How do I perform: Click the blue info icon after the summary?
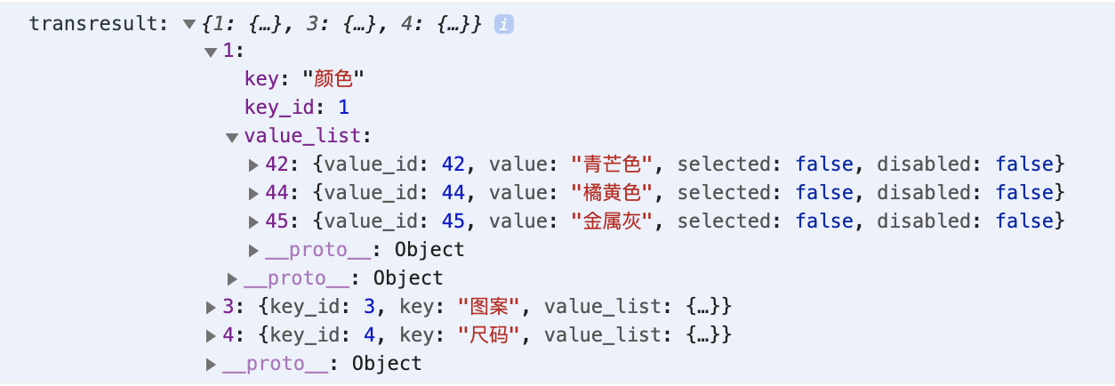click(x=503, y=24)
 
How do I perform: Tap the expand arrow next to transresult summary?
click(x=189, y=25)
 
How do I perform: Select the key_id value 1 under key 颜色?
click(x=343, y=108)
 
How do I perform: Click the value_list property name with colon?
click(x=307, y=136)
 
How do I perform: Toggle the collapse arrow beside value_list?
click(x=232, y=137)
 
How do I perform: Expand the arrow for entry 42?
click(x=253, y=165)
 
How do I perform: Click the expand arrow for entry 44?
click(x=253, y=193)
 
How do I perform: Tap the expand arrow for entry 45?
click(x=253, y=221)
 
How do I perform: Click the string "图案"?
click(x=489, y=307)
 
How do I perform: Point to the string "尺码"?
click(x=489, y=335)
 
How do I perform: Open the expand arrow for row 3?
click(x=211, y=308)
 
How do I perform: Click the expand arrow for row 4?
click(x=211, y=336)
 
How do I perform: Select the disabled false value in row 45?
click(x=1025, y=221)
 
